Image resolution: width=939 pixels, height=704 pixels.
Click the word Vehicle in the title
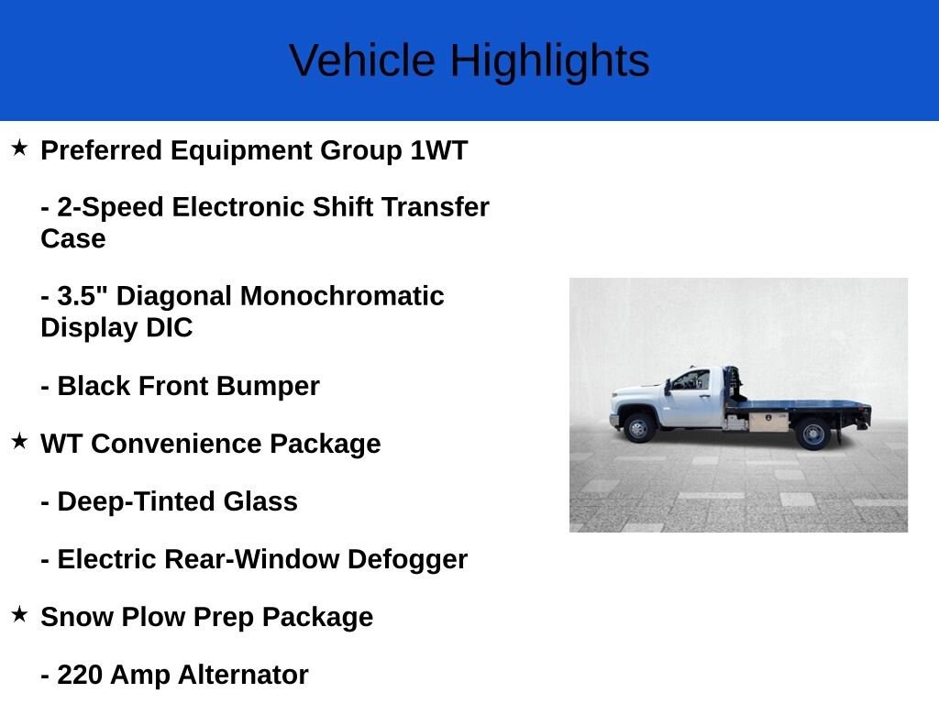click(x=361, y=60)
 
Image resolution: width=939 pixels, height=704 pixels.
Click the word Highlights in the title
click(x=550, y=61)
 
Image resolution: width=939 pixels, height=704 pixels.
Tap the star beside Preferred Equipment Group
click(x=19, y=148)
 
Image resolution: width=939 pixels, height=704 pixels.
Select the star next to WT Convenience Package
click(x=19, y=441)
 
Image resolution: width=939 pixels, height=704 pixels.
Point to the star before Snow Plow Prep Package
click(x=19, y=614)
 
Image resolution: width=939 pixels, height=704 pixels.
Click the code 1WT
click(x=439, y=150)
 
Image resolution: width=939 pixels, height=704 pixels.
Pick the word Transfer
click(x=436, y=207)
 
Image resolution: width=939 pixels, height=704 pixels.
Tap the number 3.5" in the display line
click(x=82, y=296)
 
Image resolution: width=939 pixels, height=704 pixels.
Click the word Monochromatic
click(x=342, y=296)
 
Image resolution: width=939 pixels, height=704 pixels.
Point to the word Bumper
click(x=268, y=387)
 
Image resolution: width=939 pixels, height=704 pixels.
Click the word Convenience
click(x=176, y=445)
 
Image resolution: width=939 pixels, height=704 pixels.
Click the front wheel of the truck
click(x=639, y=428)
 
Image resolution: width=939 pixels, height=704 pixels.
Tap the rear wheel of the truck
click(x=812, y=434)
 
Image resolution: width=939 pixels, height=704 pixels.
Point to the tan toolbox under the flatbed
click(x=768, y=422)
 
